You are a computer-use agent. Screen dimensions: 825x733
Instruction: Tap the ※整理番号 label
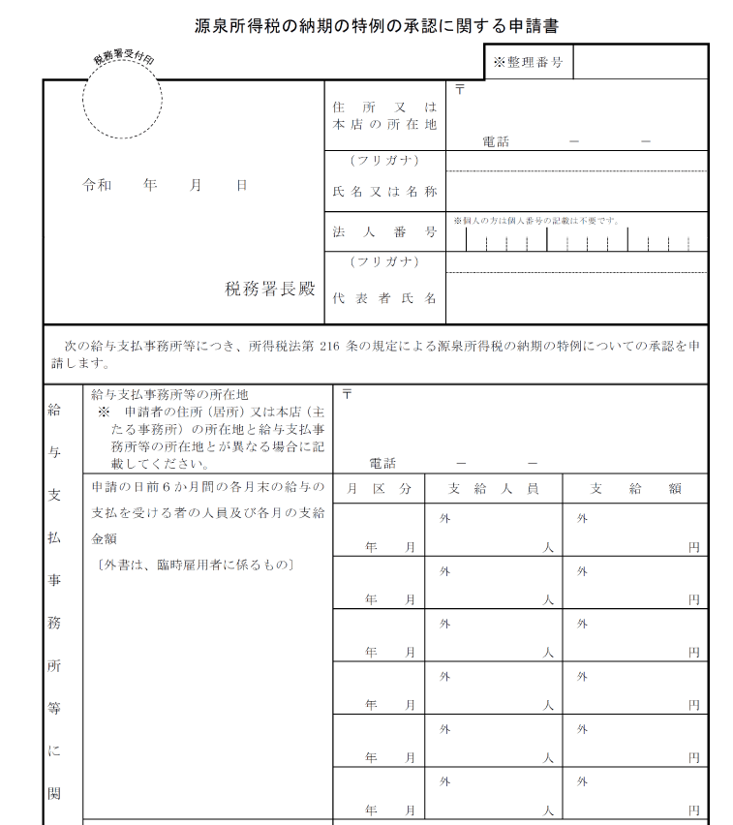tap(528, 62)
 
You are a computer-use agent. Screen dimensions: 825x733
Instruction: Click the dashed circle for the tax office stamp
tap(122, 100)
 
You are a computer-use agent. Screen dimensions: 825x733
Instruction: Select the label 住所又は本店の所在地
tap(384, 115)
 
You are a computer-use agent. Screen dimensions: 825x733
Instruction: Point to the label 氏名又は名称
tap(384, 192)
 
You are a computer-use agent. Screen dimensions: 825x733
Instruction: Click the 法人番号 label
tap(384, 232)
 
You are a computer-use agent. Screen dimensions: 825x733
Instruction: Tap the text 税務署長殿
tap(270, 289)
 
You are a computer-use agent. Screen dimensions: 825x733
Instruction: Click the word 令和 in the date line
tap(97, 184)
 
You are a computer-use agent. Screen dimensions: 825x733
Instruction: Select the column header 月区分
tap(380, 489)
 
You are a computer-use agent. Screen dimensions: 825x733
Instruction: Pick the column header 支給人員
tap(494, 489)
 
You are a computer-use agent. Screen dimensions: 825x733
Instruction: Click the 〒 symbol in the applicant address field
tap(459, 89)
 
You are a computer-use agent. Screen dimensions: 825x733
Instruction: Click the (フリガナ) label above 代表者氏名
tap(384, 261)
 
